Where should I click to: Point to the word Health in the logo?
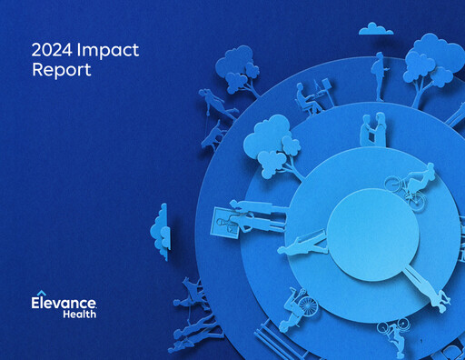pos(81,315)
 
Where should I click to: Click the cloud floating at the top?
pos(375,30)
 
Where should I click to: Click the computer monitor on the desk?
pos(322,89)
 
